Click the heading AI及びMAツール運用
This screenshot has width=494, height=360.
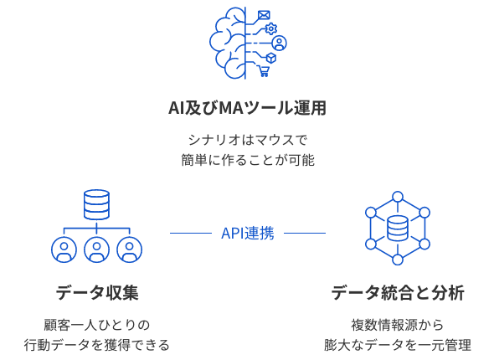click(247, 108)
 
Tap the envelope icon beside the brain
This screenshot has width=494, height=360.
click(264, 15)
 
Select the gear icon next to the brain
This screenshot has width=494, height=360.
click(270, 28)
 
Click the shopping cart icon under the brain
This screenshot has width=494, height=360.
click(264, 71)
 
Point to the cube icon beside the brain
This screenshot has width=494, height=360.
click(271, 58)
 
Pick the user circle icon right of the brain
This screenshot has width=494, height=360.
click(279, 44)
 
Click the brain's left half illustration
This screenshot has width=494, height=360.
click(228, 43)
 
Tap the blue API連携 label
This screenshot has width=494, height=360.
click(248, 234)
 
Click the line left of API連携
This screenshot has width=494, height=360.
click(191, 234)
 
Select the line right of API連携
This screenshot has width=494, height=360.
click(305, 234)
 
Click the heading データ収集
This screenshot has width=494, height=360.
click(97, 292)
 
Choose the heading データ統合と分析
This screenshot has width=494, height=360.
click(398, 292)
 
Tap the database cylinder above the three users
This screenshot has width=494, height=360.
click(97, 205)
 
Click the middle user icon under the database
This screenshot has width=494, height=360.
click(97, 249)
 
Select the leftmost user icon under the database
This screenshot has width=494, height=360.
click(64, 249)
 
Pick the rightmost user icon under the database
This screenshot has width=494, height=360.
click(130, 249)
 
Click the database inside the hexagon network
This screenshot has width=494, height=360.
click(398, 228)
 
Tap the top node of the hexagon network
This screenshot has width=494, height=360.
click(398, 197)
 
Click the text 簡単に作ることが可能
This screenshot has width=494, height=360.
click(248, 160)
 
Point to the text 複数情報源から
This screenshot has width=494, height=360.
click(398, 325)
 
